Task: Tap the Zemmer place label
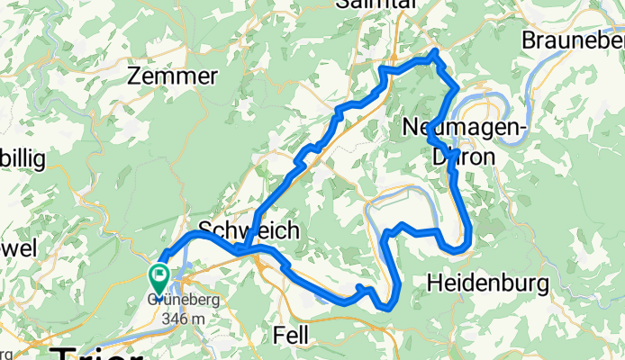172,77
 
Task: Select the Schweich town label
249,231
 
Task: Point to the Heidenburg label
487,283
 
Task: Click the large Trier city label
95,352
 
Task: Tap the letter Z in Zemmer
135,77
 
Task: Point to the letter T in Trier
63,352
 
